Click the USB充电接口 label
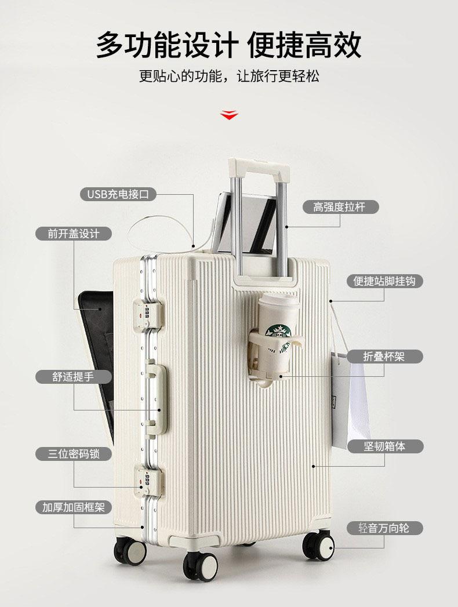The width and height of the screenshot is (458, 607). tap(118, 194)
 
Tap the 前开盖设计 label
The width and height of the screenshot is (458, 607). tap(74, 234)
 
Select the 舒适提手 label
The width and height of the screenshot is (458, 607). tap(74, 376)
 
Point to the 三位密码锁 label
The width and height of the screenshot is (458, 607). tap(74, 454)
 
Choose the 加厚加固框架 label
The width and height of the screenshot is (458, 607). tap(74, 507)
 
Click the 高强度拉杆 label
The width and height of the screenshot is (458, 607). tap(340, 207)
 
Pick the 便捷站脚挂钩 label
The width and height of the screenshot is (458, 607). tap(384, 281)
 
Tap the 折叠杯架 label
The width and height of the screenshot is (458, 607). tap(384, 356)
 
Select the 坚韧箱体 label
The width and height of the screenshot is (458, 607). tap(385, 446)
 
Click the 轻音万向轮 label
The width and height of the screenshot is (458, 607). tap(384, 528)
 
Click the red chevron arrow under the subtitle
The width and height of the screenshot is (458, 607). tap(229, 115)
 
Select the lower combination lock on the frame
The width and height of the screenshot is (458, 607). tap(148, 481)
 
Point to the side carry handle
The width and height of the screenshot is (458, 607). tap(156, 399)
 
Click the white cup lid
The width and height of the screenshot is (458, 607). tap(279, 302)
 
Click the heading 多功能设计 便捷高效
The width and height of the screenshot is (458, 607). tap(229, 45)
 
